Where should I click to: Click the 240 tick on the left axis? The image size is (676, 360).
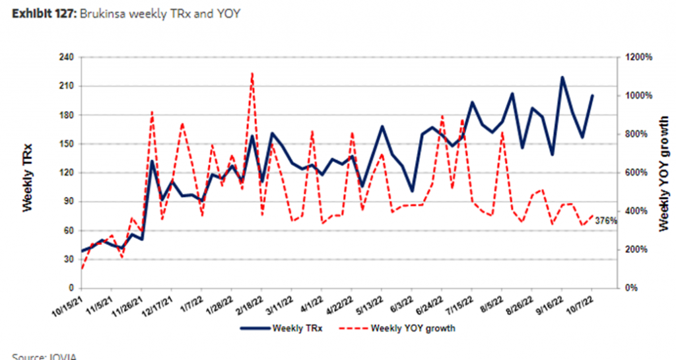pyautogui.click(x=65, y=57)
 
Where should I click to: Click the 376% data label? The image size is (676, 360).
pyautogui.click(x=605, y=221)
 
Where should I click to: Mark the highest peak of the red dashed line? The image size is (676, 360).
pyautogui.click(x=252, y=73)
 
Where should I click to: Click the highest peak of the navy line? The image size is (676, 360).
pyautogui.click(x=562, y=77)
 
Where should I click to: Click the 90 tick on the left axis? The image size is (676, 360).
pyautogui.click(x=67, y=201)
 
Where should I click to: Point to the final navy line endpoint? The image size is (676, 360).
pyautogui.click(x=592, y=95)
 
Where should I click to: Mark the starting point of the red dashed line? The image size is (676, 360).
pyautogui.click(x=81, y=268)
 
